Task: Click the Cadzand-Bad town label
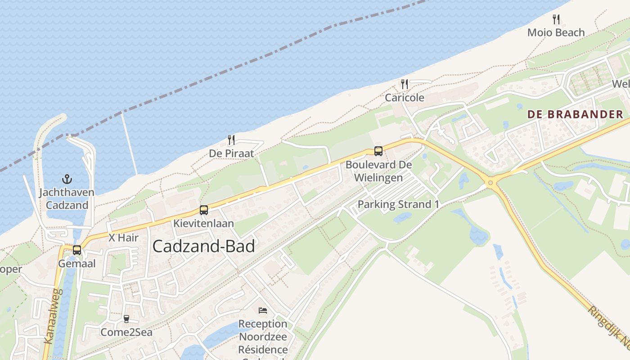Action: [x=203, y=246]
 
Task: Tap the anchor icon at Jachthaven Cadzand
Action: [x=67, y=180]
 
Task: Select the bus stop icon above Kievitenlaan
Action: [x=204, y=210]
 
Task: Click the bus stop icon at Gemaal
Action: [x=77, y=250]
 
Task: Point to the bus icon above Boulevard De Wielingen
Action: [x=378, y=151]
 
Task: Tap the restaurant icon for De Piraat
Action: [x=231, y=140]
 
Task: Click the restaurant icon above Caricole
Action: [x=405, y=84]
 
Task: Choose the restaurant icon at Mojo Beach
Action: [x=556, y=19]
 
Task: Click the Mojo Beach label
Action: [x=556, y=32]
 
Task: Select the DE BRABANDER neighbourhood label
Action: [x=575, y=114]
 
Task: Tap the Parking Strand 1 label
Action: [x=398, y=204]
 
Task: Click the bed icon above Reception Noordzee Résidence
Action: [x=263, y=310]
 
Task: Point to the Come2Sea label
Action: [x=126, y=333]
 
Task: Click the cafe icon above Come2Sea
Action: [x=126, y=319]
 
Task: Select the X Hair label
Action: [x=123, y=238]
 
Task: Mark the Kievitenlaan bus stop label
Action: [x=204, y=223]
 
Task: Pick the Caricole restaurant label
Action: [x=405, y=98]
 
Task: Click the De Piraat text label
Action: [x=231, y=153]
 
